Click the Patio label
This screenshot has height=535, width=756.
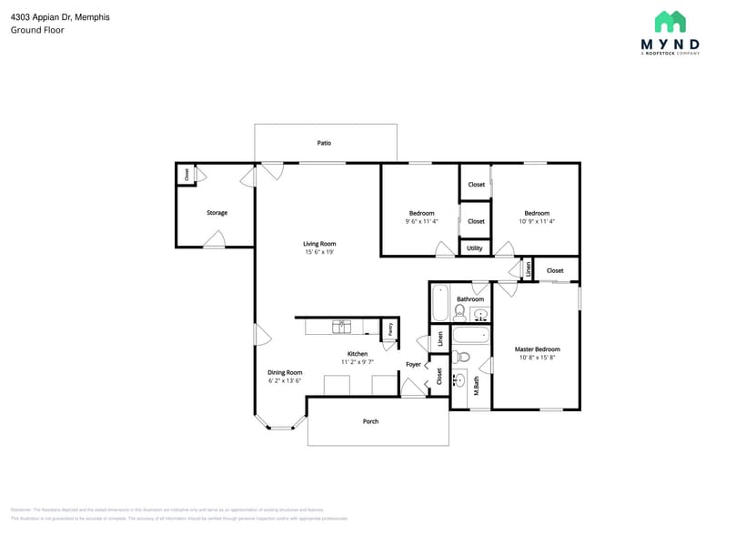coord(324,143)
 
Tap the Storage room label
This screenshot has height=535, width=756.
coord(217,213)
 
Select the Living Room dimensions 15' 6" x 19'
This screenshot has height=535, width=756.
coord(319,252)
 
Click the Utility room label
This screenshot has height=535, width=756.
coord(475,247)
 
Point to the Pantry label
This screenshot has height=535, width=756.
coord(389,329)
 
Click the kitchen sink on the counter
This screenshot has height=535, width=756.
coord(342,327)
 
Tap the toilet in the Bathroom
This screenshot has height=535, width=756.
coord(459,313)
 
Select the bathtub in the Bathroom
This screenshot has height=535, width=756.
coord(440,303)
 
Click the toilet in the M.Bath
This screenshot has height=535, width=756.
coord(460,357)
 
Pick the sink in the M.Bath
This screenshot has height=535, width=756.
coord(459,379)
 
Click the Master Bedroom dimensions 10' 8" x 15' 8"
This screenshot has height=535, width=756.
coord(537,358)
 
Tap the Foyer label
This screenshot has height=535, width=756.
coord(413,365)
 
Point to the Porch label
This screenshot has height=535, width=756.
coord(370,421)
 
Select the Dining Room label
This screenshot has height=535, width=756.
coord(285,372)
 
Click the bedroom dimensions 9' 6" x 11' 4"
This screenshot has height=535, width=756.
coord(421,221)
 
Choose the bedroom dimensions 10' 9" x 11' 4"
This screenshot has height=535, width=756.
coord(537,221)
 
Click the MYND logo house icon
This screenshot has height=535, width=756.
coord(670,22)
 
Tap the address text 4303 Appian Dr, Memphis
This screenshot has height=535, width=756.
coord(60,16)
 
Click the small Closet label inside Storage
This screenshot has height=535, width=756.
coord(187,175)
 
